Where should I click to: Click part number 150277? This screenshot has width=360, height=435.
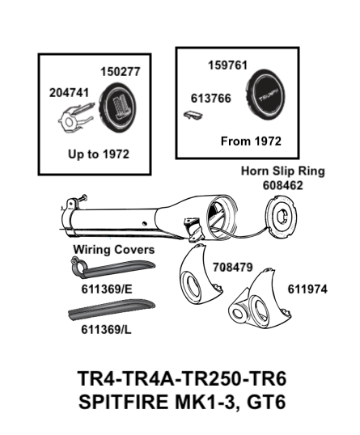[x=121, y=72]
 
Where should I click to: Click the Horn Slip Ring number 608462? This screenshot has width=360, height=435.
[x=282, y=185]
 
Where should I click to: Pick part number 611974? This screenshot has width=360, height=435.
[x=308, y=289]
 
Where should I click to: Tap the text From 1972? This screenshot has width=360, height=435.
[x=251, y=141]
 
